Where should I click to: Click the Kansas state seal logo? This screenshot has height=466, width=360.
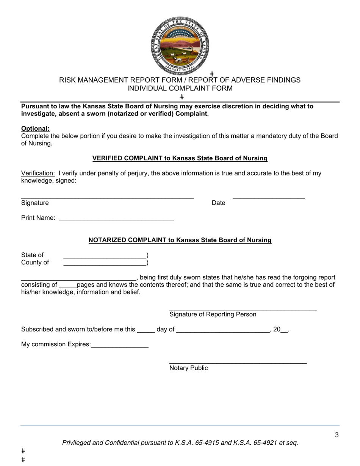pyautogui.click(x=180, y=45)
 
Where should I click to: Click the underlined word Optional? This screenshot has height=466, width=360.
pyautogui.click(x=35, y=128)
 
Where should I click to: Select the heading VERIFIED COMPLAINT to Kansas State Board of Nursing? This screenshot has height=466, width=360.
pyautogui.click(x=180, y=158)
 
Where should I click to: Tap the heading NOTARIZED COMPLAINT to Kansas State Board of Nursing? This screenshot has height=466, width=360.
pyautogui.click(x=180, y=240)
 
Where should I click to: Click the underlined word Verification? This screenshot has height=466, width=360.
pyautogui.click(x=38, y=173)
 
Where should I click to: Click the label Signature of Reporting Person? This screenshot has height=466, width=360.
pyautogui.click(x=213, y=314)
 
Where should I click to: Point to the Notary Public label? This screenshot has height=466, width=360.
pyautogui.click(x=188, y=368)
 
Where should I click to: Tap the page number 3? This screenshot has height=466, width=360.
pyautogui.click(x=337, y=435)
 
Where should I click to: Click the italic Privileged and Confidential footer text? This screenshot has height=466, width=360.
pyautogui.click(x=180, y=442)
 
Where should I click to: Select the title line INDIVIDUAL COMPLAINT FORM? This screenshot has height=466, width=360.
pyautogui.click(x=180, y=88)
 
